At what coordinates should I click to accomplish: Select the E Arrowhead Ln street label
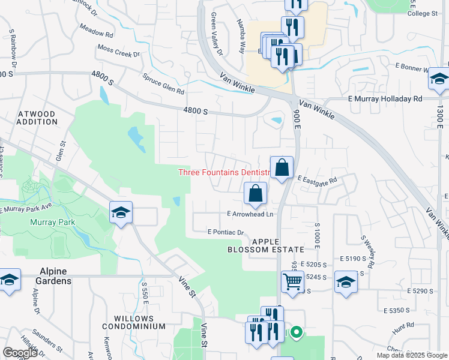(x=250, y=214)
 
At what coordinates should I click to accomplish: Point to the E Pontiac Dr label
(x=225, y=232)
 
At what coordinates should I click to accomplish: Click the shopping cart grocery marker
(x=292, y=280)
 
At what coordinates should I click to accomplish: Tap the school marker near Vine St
(x=121, y=213)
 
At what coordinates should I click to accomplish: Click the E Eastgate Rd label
(x=317, y=179)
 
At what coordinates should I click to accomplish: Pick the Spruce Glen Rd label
(x=163, y=83)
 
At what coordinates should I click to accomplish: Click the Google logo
(x=20, y=353)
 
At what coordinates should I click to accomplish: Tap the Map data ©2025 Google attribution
(x=411, y=355)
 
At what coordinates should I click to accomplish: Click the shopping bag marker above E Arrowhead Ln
(x=255, y=193)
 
